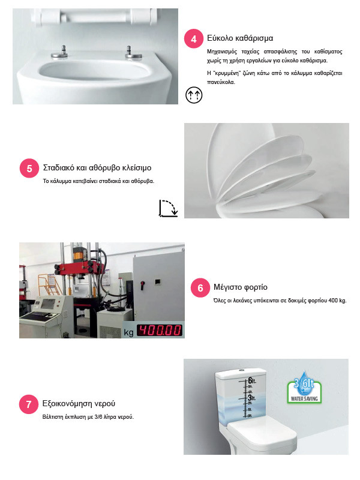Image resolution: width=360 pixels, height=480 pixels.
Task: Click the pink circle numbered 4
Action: click(193, 38)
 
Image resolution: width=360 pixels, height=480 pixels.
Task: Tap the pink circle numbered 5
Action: click(29, 168)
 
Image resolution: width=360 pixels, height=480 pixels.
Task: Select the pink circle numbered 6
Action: click(200, 288)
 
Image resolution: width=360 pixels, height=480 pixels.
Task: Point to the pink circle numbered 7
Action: click(28, 404)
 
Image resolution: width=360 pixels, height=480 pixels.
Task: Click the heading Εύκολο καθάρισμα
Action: click(240, 38)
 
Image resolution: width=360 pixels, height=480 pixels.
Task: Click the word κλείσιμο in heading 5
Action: click(137, 168)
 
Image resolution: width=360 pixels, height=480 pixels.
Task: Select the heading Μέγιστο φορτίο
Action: click(241, 287)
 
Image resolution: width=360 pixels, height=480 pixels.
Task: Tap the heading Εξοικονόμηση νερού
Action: click(79, 403)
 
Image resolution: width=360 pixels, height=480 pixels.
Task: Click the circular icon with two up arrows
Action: click(194, 95)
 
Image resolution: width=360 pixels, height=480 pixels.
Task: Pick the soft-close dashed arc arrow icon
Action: click(169, 208)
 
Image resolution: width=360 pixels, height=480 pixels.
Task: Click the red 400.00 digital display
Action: click(159, 331)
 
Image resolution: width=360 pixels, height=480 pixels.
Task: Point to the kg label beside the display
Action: click(128, 332)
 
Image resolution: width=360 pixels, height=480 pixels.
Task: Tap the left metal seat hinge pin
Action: click(59, 53)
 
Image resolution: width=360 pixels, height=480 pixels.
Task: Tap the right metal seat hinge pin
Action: click(133, 53)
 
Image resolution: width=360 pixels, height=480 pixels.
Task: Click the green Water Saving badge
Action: click(304, 388)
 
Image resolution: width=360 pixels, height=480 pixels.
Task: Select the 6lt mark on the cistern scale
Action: click(251, 380)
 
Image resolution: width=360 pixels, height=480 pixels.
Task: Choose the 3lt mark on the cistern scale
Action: click(251, 398)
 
